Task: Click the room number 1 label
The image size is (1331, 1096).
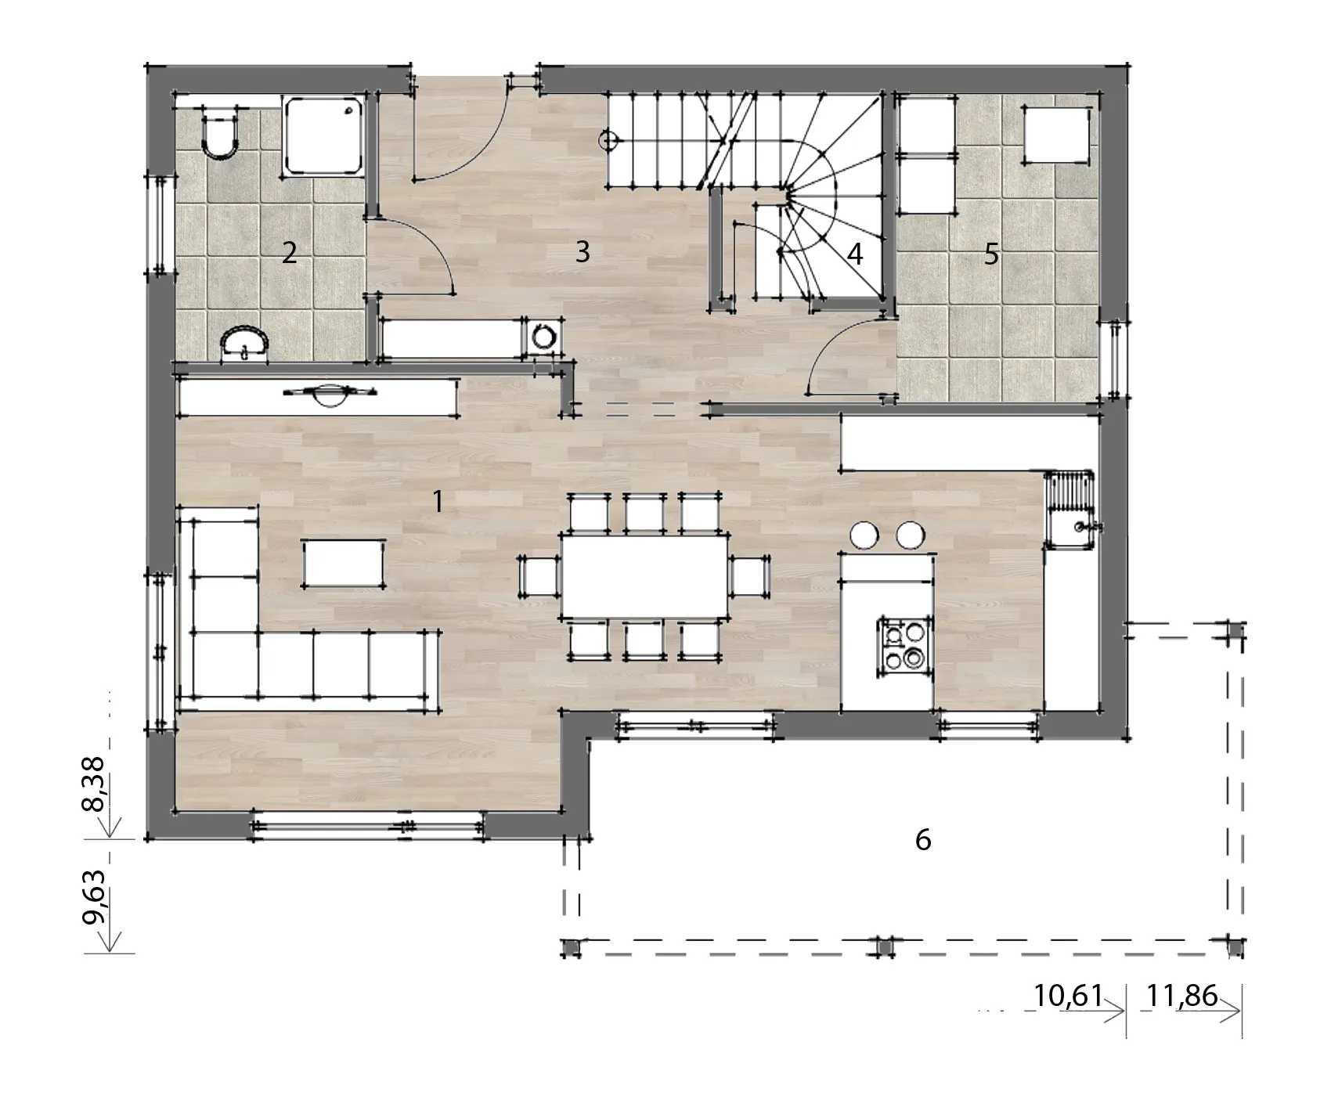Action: coord(438,501)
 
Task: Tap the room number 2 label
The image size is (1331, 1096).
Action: coord(290,253)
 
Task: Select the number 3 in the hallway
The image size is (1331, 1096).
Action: coord(582,251)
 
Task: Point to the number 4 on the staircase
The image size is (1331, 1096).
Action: coord(855,254)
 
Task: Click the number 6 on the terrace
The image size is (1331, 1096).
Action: coord(923,840)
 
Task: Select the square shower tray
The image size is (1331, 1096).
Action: coord(324,135)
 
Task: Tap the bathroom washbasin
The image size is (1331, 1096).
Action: coord(246,344)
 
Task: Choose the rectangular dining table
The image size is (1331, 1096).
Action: coord(644,575)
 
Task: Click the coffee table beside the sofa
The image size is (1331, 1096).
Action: coord(344,563)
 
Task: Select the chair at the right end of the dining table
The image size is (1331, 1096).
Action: coord(749,575)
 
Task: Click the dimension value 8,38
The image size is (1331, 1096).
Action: coord(98,785)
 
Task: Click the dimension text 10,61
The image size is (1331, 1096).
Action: coord(1068,996)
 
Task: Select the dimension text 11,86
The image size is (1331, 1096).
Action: coord(1182,996)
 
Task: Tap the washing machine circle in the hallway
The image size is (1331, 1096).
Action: coord(543,336)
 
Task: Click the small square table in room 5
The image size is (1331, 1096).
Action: coord(1056,135)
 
